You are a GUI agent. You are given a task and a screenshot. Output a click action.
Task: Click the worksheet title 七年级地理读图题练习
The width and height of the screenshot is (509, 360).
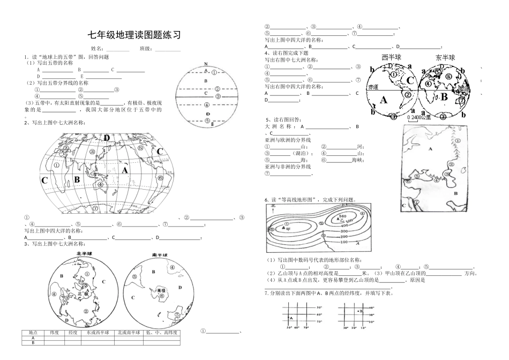pos(134,35)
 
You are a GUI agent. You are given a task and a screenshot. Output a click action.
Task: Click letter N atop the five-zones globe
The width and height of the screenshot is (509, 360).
pos(206,64)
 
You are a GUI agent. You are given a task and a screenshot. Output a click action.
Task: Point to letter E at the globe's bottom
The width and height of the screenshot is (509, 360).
pos(212,124)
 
